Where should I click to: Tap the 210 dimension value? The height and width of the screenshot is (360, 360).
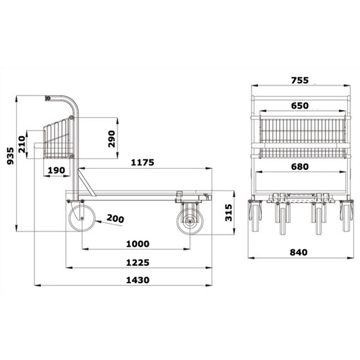22,144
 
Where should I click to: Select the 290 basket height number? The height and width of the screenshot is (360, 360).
112,138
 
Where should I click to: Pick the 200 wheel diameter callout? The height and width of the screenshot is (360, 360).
115,219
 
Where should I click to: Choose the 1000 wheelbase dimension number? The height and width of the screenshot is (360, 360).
137,244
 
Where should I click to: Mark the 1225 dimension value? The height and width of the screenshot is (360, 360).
138,262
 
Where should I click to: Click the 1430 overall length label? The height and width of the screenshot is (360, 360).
137,280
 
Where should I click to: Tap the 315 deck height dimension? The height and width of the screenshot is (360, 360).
228,213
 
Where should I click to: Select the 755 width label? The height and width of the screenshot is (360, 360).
299,80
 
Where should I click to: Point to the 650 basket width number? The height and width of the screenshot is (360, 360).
300,106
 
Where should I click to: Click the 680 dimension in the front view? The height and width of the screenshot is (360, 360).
300,167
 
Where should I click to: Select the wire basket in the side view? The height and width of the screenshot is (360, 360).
58,139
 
